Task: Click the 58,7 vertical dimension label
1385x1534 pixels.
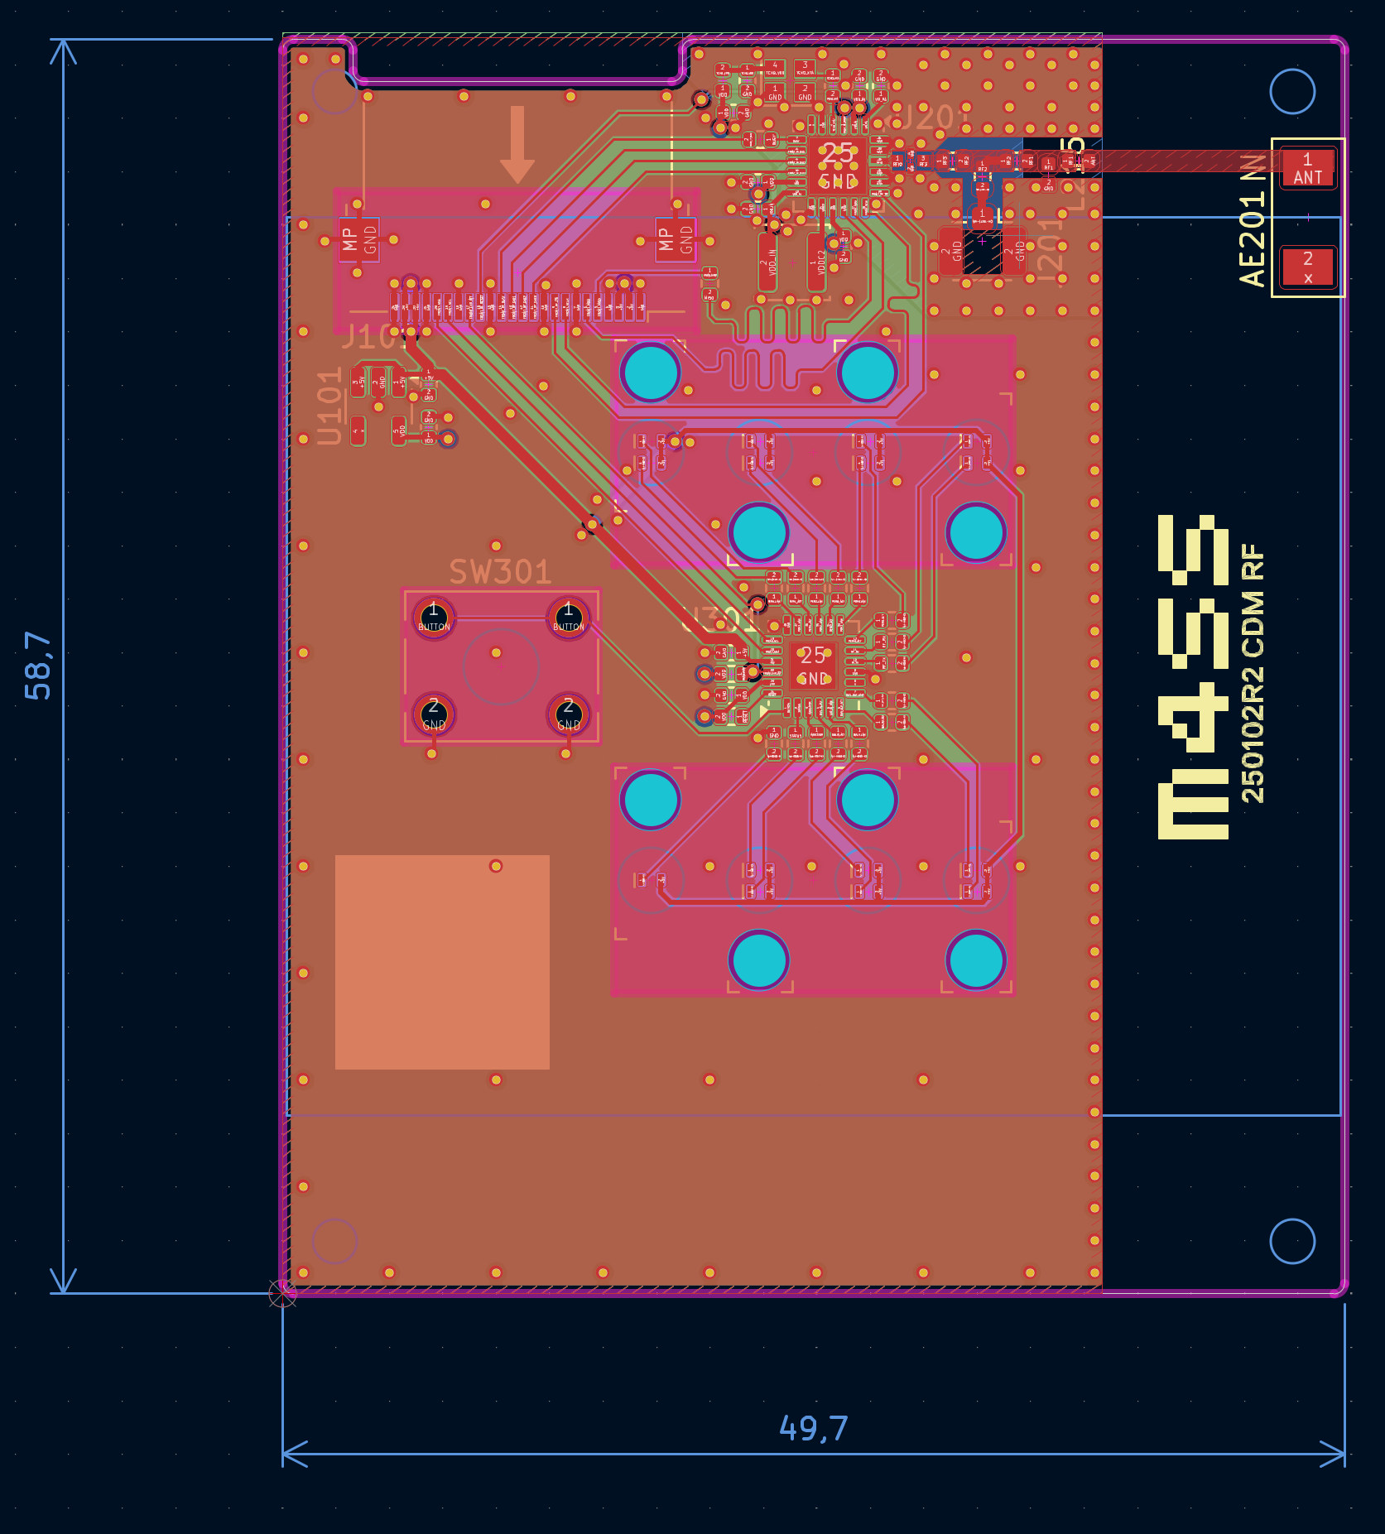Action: tap(38, 666)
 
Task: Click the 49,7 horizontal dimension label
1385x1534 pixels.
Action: tap(813, 1428)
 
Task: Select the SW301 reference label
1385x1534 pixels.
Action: tap(500, 572)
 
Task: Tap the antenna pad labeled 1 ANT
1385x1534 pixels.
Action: tap(1307, 168)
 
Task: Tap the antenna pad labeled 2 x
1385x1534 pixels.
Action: tap(1307, 267)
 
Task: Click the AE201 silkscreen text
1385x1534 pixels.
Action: tap(1253, 220)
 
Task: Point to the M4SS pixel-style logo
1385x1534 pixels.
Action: tap(1192, 677)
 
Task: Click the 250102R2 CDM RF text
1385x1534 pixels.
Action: tap(1253, 672)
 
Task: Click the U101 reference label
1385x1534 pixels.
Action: tap(329, 406)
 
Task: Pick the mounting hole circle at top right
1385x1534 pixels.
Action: tap(1291, 91)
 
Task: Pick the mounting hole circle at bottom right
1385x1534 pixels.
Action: tap(1291, 1241)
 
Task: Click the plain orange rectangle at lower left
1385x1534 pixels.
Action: tap(442, 962)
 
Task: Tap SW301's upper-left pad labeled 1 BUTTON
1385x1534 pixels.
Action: tap(433, 618)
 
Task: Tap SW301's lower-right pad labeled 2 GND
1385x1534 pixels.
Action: tap(568, 714)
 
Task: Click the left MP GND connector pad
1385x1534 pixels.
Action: tap(358, 240)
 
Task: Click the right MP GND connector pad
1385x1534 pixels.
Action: tap(676, 240)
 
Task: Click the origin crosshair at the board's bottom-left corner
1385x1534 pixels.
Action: tap(282, 1293)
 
